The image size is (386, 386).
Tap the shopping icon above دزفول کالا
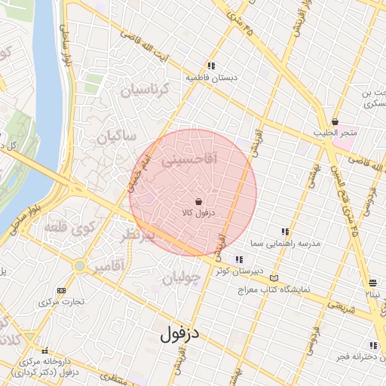click(x=198, y=202)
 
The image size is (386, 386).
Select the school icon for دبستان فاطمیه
click(x=212, y=66)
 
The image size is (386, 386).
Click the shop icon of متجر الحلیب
click(x=335, y=122)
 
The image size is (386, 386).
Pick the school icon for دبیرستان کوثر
click(x=239, y=260)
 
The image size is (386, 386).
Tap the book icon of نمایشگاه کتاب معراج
click(x=273, y=278)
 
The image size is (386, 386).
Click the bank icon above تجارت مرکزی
click(x=61, y=290)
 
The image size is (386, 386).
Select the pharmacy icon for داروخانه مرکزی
click(x=48, y=351)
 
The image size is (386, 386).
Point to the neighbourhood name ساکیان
click(x=116, y=136)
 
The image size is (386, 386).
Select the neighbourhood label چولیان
click(x=182, y=278)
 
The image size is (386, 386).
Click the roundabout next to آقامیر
click(x=79, y=265)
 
